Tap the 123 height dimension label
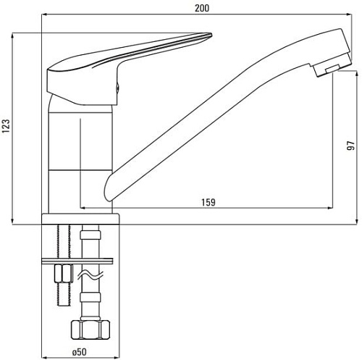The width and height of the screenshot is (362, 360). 7,127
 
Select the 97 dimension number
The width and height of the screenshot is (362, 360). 350,148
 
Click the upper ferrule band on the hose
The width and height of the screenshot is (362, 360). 90,235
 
